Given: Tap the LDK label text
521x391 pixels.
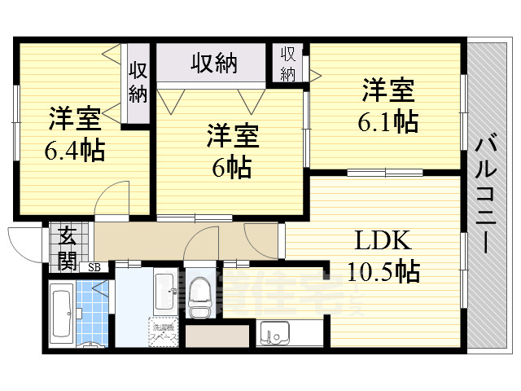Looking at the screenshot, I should point(383,241).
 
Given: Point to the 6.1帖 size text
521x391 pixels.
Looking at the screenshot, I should point(387,121).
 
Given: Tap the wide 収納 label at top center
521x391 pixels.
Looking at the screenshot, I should point(214,63).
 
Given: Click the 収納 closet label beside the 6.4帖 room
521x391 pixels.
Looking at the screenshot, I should point(138,81).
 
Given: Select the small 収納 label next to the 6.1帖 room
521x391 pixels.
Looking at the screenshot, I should point(288,64).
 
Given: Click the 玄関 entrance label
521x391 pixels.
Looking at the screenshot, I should point(68,248).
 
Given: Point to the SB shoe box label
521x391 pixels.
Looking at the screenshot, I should point(94,266).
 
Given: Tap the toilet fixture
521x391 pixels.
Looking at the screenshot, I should point(199,298).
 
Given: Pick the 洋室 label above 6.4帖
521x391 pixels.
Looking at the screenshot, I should point(74,119).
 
